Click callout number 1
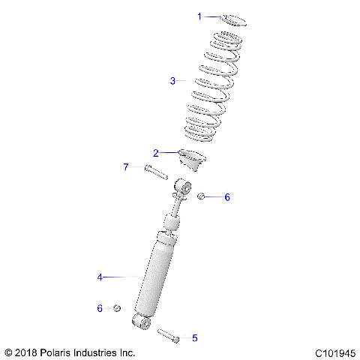click(199, 16)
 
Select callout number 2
click(156, 153)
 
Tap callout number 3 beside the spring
click(172, 80)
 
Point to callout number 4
click(99, 277)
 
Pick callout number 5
click(195, 338)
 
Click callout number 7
click(126, 166)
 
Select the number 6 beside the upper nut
click(227, 197)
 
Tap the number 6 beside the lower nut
click(99, 308)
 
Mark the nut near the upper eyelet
click(201, 196)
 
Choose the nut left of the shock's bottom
click(118, 308)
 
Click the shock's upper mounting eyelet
click(181, 184)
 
